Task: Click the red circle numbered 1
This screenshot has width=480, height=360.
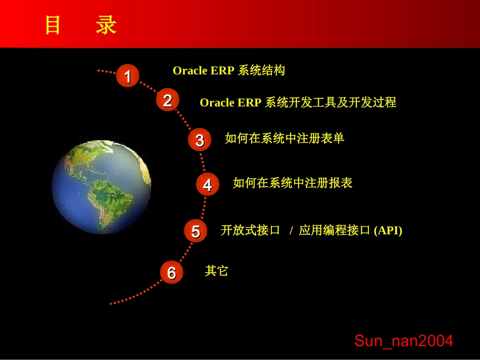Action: click(127, 76)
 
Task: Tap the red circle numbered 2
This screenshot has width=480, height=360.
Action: click(167, 100)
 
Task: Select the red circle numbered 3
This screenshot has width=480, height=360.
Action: click(199, 140)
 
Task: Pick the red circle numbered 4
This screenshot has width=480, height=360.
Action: click(207, 185)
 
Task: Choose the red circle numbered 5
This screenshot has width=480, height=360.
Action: click(195, 231)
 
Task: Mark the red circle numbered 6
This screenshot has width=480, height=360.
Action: click(171, 272)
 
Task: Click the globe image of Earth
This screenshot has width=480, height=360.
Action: click(101, 187)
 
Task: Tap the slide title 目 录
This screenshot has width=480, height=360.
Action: click(81, 25)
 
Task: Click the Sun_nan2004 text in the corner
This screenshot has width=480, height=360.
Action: click(403, 341)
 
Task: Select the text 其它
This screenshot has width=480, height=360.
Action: click(217, 271)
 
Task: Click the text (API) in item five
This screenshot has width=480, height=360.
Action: click(388, 231)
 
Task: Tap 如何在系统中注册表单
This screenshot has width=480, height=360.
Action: click(284, 138)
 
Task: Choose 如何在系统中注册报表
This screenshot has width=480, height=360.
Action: click(293, 183)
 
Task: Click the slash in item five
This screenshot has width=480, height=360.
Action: click(291, 231)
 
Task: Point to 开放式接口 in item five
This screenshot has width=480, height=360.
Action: click(251, 231)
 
